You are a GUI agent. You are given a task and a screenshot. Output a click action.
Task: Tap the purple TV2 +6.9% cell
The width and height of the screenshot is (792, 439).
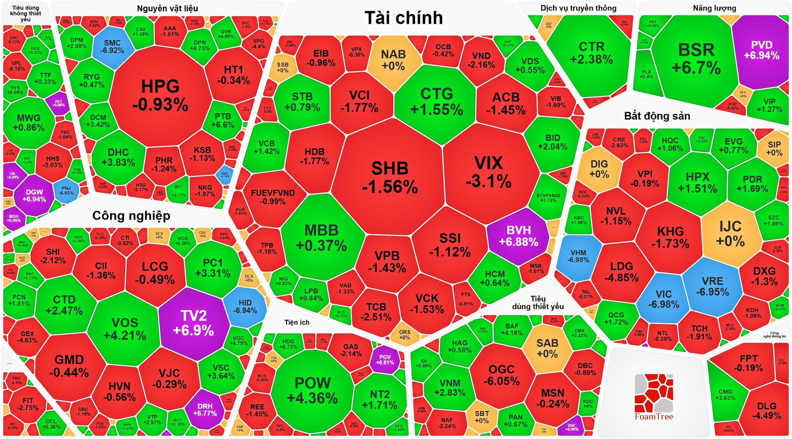pyautogui.click(x=194, y=323)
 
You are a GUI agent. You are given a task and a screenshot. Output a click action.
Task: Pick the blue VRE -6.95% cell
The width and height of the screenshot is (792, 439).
pyautogui.click(x=712, y=286)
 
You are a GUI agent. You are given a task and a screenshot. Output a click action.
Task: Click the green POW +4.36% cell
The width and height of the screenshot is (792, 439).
pyautogui.click(x=312, y=390)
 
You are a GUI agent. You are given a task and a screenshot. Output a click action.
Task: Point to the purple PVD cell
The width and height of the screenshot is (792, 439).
pyautogui.click(x=761, y=50)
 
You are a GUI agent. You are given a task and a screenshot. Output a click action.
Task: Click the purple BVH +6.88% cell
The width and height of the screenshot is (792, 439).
pyautogui.click(x=518, y=236)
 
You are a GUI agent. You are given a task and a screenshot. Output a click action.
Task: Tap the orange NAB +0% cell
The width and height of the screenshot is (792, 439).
pyautogui.click(x=393, y=59)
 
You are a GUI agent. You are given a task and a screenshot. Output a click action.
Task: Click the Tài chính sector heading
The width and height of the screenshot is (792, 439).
pyautogui.click(x=404, y=18)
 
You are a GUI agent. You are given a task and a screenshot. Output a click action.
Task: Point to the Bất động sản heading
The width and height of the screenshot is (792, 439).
pyautogui.click(x=657, y=116)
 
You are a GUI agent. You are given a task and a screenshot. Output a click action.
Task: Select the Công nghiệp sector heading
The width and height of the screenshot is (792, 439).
pyautogui.click(x=131, y=216)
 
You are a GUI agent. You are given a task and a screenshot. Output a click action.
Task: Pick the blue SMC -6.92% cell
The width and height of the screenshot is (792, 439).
pyautogui.click(x=112, y=46)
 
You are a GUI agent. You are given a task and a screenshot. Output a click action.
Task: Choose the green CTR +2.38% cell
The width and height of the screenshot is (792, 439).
pyautogui.click(x=591, y=53)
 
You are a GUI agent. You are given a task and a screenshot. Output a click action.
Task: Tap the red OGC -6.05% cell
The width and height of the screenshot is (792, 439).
pyautogui.click(x=501, y=375)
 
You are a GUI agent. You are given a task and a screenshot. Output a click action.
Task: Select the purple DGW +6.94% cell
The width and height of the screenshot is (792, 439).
pyautogui.click(x=34, y=195)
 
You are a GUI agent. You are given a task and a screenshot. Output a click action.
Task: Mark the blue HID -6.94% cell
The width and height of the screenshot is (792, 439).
pyautogui.click(x=245, y=307)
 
